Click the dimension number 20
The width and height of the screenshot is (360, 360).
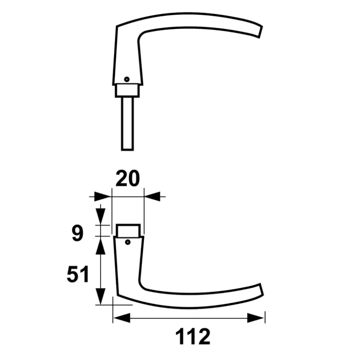click(128, 178)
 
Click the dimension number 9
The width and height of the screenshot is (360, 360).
click(77, 233)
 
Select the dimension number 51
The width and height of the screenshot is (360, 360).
click(78, 274)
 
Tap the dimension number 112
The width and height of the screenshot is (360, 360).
click(193, 336)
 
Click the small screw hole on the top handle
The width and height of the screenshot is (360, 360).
click(127, 79)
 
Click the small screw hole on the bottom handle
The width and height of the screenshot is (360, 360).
click(128, 242)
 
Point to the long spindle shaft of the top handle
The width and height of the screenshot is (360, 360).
click(127, 124)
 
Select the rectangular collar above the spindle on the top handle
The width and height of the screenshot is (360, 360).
click(127, 90)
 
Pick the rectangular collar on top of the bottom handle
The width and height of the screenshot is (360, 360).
click(128, 230)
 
